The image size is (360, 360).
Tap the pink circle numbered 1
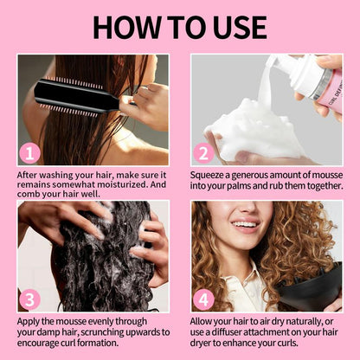31,153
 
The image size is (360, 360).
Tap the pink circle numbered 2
204,153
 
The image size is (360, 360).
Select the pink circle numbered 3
31,299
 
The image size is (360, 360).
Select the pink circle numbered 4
204,299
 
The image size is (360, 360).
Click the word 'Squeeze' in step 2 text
214,173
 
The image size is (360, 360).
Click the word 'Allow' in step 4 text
206,319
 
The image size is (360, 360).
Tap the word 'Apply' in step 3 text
33,319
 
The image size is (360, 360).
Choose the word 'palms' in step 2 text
253,185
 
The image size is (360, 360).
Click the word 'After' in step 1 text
32,173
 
